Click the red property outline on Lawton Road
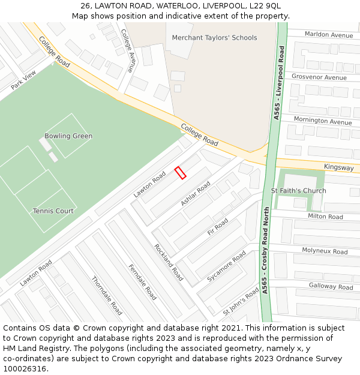pyautogui.click(x=180, y=173)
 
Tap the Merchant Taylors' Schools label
pyautogui.click(x=214, y=38)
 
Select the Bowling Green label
pyautogui.click(x=68, y=136)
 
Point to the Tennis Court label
pyautogui.click(x=53, y=211)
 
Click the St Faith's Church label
pyautogui.click(x=298, y=191)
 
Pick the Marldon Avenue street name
pyautogui.click(x=329, y=35)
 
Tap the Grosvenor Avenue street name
pyautogui.click(x=319, y=77)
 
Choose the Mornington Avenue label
pyautogui.click(x=323, y=121)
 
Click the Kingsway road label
pyautogui.click(x=338, y=168)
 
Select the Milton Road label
pyautogui.click(x=325, y=217)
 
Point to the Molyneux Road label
pyautogui.click(x=325, y=251)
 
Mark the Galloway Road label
pyautogui.click(x=331, y=286)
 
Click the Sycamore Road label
pyautogui.click(x=226, y=266)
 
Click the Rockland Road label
pyautogui.click(x=168, y=262)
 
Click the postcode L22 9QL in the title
pyautogui.click(x=265, y=5)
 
